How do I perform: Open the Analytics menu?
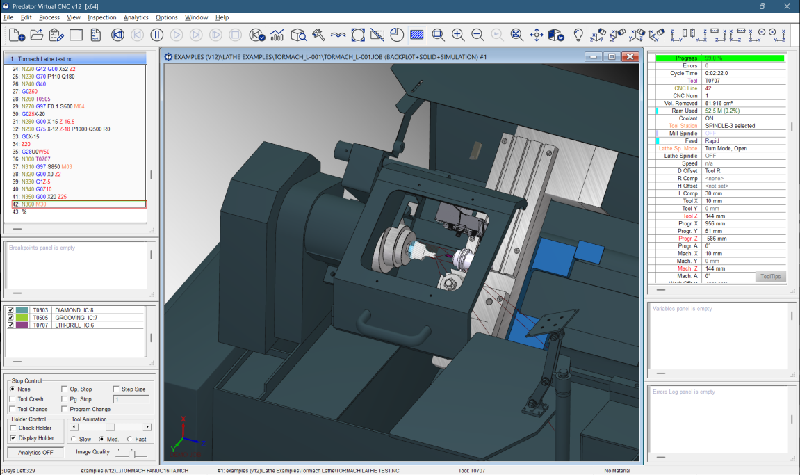coord(136,17)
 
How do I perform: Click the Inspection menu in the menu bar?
coord(101,17)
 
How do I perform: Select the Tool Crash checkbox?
coord(13,399)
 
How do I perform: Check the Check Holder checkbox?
coord(13,428)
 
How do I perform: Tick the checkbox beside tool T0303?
coord(10,310)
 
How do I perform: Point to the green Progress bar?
coord(719,58)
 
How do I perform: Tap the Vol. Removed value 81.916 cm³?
coord(723,103)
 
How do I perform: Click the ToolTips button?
coord(770,277)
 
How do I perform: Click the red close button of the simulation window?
coord(630,57)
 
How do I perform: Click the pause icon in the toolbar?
coord(157,35)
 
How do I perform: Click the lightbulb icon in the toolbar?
coord(578,35)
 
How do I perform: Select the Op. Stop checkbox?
coord(65,389)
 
